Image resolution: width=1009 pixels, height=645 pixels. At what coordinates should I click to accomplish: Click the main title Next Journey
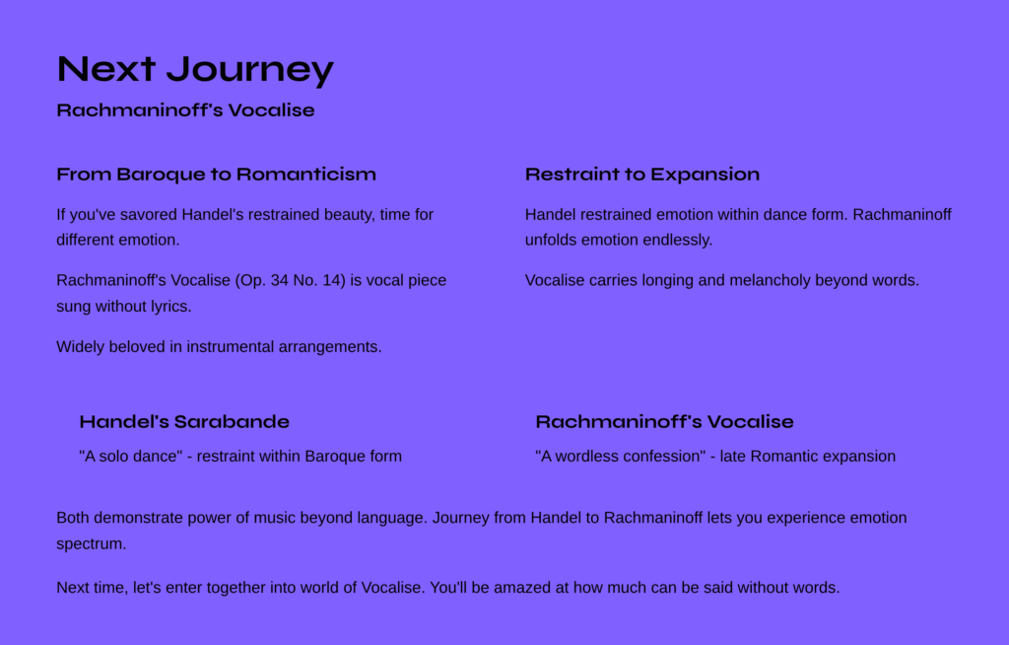click(x=196, y=70)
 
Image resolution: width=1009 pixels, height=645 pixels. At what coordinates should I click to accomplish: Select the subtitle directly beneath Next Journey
click(x=185, y=110)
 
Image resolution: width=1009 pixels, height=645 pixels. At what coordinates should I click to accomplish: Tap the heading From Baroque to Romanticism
click(x=216, y=175)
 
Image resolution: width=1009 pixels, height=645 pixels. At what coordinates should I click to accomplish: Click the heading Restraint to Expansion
click(x=642, y=175)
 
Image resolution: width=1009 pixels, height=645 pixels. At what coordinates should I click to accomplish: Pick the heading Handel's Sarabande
click(x=184, y=422)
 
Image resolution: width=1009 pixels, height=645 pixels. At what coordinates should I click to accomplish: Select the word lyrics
click(x=171, y=307)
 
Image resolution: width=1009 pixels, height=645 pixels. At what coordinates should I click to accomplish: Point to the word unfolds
click(x=551, y=241)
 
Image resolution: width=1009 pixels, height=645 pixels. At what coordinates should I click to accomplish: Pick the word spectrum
click(x=92, y=544)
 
